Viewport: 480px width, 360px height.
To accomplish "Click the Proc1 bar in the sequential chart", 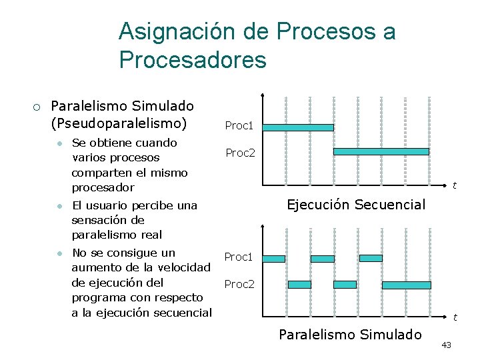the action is click(x=298, y=127).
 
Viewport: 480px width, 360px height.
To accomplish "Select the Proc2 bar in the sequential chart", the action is click(x=381, y=152).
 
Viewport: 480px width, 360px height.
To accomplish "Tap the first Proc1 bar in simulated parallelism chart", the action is click(x=274, y=259).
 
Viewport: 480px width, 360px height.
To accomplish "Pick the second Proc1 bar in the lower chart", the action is click(x=323, y=259).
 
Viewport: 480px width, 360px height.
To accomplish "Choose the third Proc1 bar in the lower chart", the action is click(x=371, y=258).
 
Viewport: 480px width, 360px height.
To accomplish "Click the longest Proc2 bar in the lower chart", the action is click(x=406, y=285).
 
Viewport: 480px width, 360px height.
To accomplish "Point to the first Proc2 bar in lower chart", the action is click(x=299, y=285).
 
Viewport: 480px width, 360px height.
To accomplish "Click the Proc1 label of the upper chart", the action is click(x=239, y=125).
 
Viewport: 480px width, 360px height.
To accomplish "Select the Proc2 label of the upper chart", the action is click(x=240, y=153).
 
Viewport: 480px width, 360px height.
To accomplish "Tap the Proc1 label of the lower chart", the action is click(x=239, y=257).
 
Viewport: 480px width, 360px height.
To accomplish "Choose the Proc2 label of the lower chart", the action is click(x=239, y=284).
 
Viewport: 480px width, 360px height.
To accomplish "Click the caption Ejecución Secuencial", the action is click(x=355, y=205).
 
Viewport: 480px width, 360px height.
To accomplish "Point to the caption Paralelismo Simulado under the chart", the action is click(x=350, y=334).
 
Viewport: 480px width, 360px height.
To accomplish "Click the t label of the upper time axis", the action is click(x=454, y=185).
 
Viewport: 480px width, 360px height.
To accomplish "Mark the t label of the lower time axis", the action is click(x=455, y=317).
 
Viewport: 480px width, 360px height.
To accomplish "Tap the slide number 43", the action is click(x=446, y=345).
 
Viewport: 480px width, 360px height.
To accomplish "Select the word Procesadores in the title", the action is click(x=193, y=60).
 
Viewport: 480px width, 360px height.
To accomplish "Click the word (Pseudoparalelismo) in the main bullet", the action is click(x=119, y=123).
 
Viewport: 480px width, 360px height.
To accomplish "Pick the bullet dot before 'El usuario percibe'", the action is click(x=59, y=205).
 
